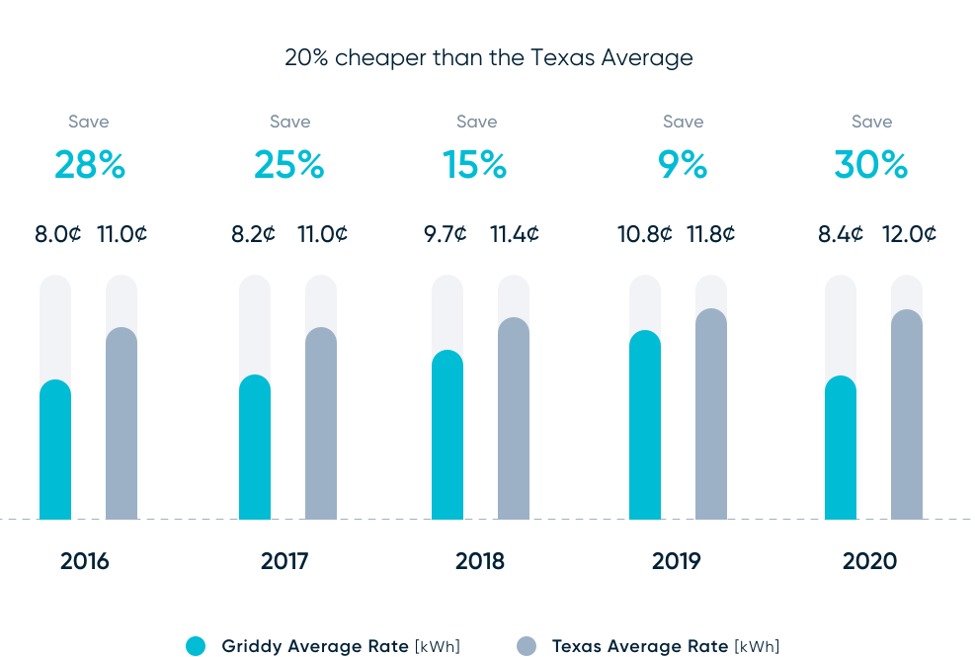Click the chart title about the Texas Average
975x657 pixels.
pyautogui.click(x=488, y=57)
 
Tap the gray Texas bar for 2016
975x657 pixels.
pyautogui.click(x=122, y=425)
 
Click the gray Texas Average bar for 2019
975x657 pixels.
pyautogui.click(x=711, y=415)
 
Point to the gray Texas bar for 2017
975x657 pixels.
pyautogui.click(x=321, y=425)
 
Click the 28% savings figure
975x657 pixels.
pyautogui.click(x=90, y=165)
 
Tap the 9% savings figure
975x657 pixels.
pyautogui.click(x=683, y=165)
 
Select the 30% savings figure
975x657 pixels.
pyautogui.click(x=870, y=165)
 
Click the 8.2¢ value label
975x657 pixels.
pyautogui.click(x=254, y=234)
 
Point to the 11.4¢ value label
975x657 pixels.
pyautogui.click(x=515, y=234)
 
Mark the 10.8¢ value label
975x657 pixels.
pyautogui.click(x=645, y=234)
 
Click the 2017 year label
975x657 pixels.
pyautogui.click(x=284, y=561)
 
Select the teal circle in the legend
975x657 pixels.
pyautogui.click(x=196, y=646)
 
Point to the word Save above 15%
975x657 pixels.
pyautogui.click(x=476, y=122)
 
